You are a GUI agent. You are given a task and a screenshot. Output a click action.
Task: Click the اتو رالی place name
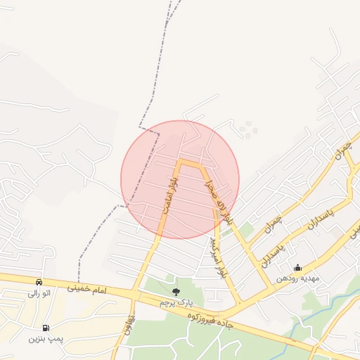tap(37, 293)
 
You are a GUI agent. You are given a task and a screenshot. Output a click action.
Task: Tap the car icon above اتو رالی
tap(38, 282)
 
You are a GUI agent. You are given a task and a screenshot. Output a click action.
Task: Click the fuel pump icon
tap(46, 328)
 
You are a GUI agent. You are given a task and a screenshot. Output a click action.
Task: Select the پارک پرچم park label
tap(175, 302)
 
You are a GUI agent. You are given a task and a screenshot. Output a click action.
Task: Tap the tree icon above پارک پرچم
tap(176, 291)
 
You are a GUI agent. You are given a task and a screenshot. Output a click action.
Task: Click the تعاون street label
tap(128, 336)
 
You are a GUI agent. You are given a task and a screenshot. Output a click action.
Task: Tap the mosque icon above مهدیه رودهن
tap(297, 267)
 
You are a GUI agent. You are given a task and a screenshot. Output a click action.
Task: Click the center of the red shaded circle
tap(180, 179)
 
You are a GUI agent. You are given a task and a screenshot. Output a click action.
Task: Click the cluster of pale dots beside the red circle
tap(247, 129)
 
